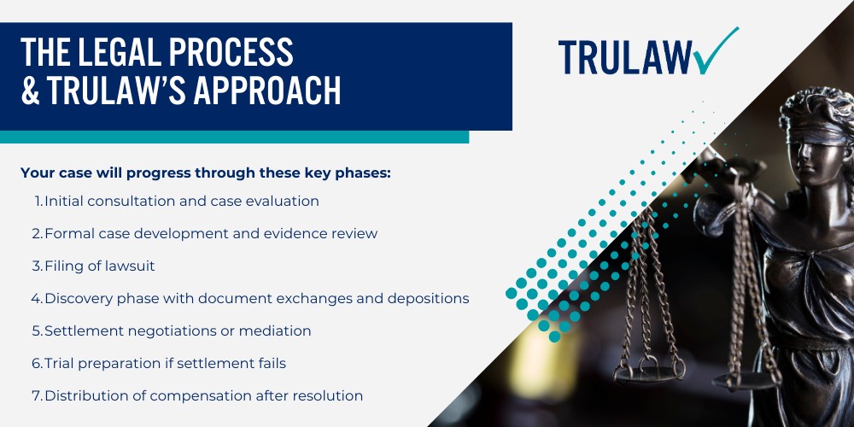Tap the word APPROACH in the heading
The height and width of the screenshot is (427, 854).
(x=267, y=91)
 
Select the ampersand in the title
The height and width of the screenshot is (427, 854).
(x=30, y=91)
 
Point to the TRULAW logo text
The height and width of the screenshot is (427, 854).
(x=625, y=57)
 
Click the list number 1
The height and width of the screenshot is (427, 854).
(x=38, y=201)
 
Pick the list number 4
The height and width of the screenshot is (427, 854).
(x=37, y=298)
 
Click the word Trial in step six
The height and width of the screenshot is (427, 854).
(x=60, y=363)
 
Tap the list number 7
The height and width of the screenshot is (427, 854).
(x=37, y=396)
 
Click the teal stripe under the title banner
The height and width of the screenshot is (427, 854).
(x=234, y=137)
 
